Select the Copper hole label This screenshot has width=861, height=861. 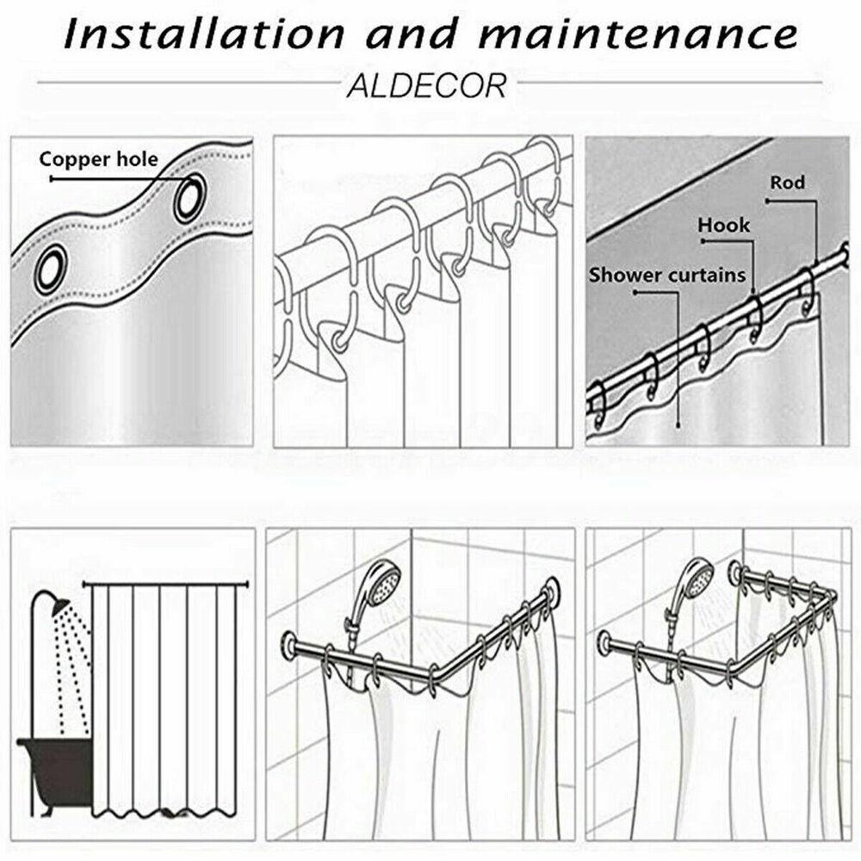tap(98, 159)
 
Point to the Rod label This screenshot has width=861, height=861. tap(787, 182)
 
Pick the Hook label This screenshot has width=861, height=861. tap(724, 225)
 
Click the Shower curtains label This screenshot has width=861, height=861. tap(667, 275)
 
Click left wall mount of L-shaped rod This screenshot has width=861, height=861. tap(289, 643)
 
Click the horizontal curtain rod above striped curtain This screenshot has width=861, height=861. tap(164, 585)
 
